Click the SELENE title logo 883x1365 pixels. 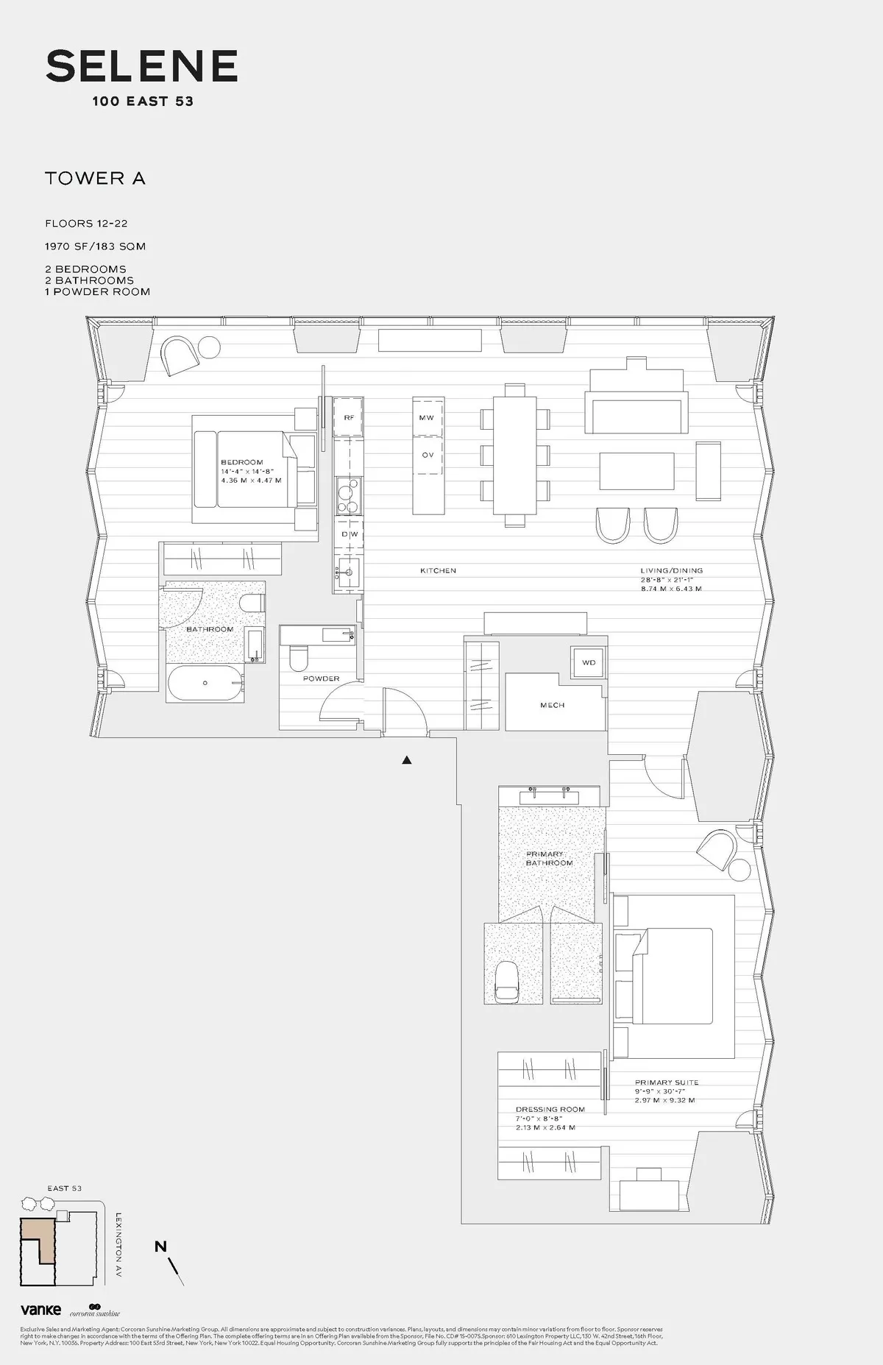tap(141, 66)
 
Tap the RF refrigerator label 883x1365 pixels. tap(349, 418)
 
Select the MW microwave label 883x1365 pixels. tap(427, 418)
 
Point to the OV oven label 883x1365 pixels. tap(428, 455)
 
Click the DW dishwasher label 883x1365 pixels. tap(350, 534)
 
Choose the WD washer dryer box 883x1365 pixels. tap(589, 662)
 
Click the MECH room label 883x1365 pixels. tap(552, 705)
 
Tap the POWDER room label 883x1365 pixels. tap(321, 678)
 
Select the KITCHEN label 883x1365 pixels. tap(438, 570)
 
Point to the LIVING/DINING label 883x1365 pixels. tap(671, 570)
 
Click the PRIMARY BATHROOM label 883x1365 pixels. tap(548, 859)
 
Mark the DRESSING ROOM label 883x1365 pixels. tap(550, 1110)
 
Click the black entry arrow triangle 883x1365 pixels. tap(406, 760)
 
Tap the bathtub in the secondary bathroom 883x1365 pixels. tap(205, 684)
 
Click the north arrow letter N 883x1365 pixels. tap(160, 1246)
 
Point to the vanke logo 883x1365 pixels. tap(40, 1310)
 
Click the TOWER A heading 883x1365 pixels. tap(95, 178)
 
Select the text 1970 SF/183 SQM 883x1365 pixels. tap(95, 247)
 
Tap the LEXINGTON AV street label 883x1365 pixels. tap(118, 1245)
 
